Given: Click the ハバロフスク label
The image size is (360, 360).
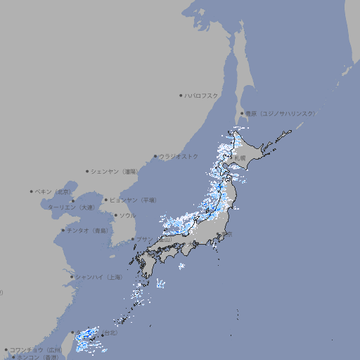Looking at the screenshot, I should pyautogui.click(x=202, y=95).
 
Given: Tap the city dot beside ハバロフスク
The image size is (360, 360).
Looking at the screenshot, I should pyautogui.click(x=181, y=95).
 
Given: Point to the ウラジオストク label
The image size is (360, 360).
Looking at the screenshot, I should pyautogui.click(x=179, y=156).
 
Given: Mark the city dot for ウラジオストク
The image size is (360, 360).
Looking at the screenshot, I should pyautogui.click(x=156, y=157).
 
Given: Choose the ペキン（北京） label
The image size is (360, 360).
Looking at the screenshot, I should pyautogui.click(x=54, y=191).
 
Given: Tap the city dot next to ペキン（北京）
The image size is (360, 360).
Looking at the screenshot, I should pyautogui.click(x=32, y=191).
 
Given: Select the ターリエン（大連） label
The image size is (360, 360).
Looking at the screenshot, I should pyautogui.click(x=71, y=207).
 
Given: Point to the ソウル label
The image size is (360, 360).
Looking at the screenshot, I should pyautogui.click(x=127, y=215).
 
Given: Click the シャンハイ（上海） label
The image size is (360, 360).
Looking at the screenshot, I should pyautogui.click(x=98, y=277).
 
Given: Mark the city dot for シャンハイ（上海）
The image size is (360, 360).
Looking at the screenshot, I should pyautogui.click(x=71, y=277).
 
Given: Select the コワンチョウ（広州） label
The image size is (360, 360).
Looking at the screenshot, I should pyautogui.click(x=36, y=349).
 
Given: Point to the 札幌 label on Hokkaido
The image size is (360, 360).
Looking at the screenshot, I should pyautogui.click(x=240, y=157).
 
